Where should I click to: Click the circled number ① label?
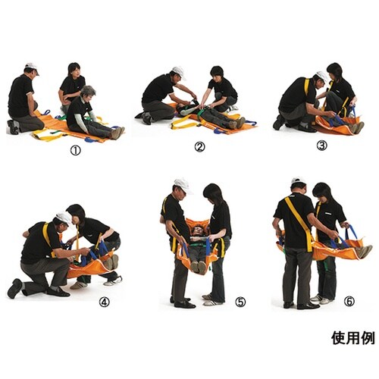(x=75, y=150)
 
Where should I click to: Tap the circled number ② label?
(x=199, y=147)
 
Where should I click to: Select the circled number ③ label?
(x=321, y=145)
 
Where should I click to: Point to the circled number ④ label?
(x=104, y=302)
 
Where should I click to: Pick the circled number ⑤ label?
(x=240, y=302)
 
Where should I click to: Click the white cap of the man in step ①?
(x=32, y=67)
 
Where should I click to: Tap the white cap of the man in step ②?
(x=178, y=71)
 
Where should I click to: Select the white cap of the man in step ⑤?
(x=181, y=183)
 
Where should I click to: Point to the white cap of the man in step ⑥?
(x=299, y=182)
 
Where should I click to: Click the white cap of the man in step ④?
(x=64, y=218)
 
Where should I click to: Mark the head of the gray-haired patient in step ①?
(x=89, y=92)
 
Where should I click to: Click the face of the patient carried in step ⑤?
(x=199, y=230)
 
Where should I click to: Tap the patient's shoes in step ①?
(x=117, y=133)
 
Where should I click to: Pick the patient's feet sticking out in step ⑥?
(x=363, y=251)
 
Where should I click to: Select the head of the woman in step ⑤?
(x=213, y=193)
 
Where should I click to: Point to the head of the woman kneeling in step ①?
(x=74, y=70)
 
